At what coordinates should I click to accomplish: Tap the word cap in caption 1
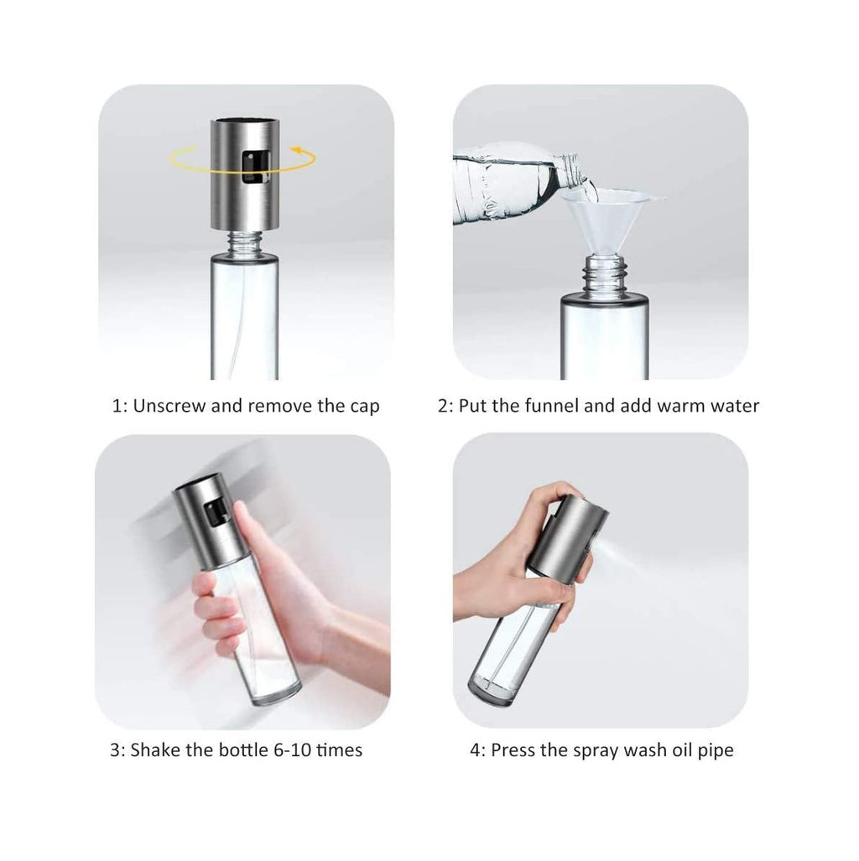coord(364,407)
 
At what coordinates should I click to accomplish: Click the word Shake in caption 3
coord(154,749)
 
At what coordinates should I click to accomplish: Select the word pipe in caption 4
coord(716,749)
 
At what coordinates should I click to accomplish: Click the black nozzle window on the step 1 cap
coord(248,167)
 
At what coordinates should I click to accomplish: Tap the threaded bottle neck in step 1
coord(244,243)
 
